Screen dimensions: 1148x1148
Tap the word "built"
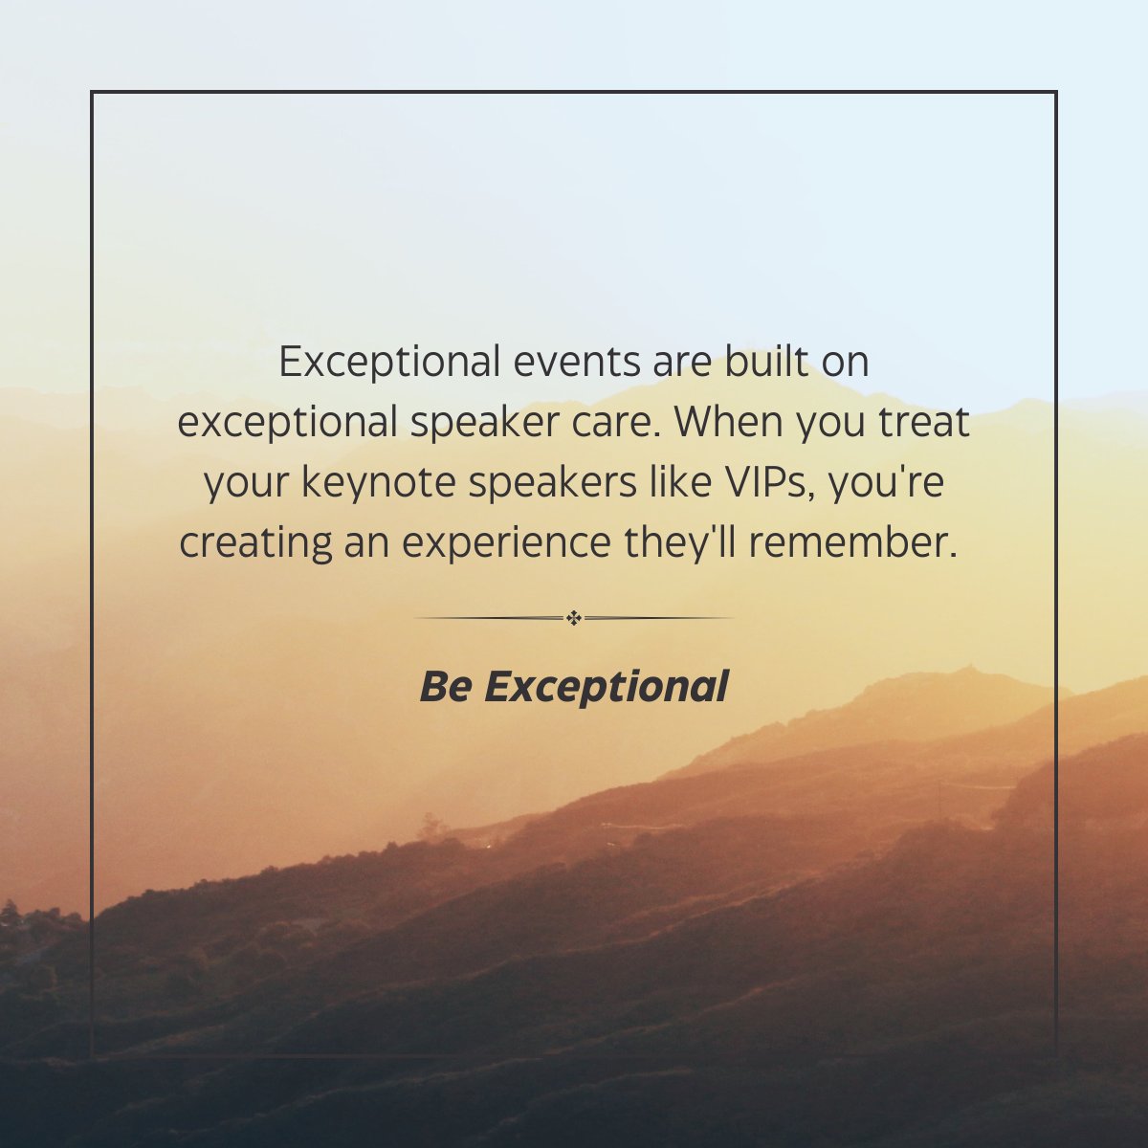[749, 364]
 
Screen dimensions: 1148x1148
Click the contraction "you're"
[887, 484]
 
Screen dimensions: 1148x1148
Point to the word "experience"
[506, 544]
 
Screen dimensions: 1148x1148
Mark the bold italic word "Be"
[444, 687]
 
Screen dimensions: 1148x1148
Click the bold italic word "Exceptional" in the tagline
[607, 687]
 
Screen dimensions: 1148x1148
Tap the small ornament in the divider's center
[574, 618]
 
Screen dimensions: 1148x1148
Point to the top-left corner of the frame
[92, 92]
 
